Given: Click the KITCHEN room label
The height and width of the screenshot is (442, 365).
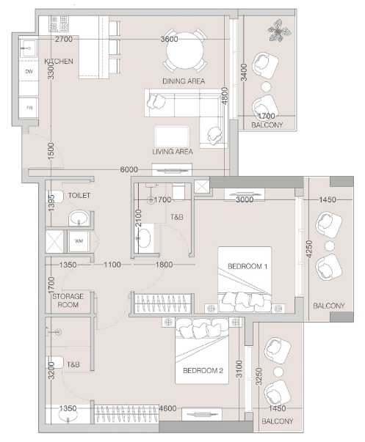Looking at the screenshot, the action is tap(59, 61).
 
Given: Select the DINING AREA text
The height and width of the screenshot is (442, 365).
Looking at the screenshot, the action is tap(184, 81).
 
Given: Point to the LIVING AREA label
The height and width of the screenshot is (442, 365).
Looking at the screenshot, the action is tap(173, 152).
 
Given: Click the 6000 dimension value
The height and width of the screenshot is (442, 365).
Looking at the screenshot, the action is tap(129, 169).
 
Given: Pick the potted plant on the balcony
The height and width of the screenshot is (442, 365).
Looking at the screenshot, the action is tap(279, 30).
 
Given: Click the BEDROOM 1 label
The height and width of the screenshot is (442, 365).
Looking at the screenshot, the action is tap(247, 266).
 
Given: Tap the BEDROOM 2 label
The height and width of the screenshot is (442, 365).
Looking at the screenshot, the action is tap(203, 370).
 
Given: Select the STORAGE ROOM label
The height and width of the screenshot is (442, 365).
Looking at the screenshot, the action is tap(68, 301).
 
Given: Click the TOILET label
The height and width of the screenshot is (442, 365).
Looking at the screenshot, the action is tap(79, 196).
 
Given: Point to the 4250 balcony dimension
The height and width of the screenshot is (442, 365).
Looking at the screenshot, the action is tap(309, 248).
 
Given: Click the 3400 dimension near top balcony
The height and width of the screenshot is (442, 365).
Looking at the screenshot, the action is tap(244, 73).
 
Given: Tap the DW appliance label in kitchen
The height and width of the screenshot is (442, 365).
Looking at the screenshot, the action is tap(29, 72).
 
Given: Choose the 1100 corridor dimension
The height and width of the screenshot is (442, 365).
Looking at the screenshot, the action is tap(112, 265).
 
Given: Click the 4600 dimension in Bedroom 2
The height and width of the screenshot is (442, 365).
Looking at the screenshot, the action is tap(168, 408).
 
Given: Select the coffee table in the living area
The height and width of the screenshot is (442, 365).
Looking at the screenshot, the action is tap(172, 136).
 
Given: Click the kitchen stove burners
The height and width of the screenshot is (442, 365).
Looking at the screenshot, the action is tap(59, 23).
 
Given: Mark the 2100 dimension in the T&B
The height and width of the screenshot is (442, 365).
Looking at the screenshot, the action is tap(138, 218).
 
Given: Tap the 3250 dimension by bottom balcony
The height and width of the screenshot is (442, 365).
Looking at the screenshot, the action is tap(259, 376).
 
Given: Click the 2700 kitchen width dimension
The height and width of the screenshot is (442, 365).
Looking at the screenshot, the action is tap(64, 39).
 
